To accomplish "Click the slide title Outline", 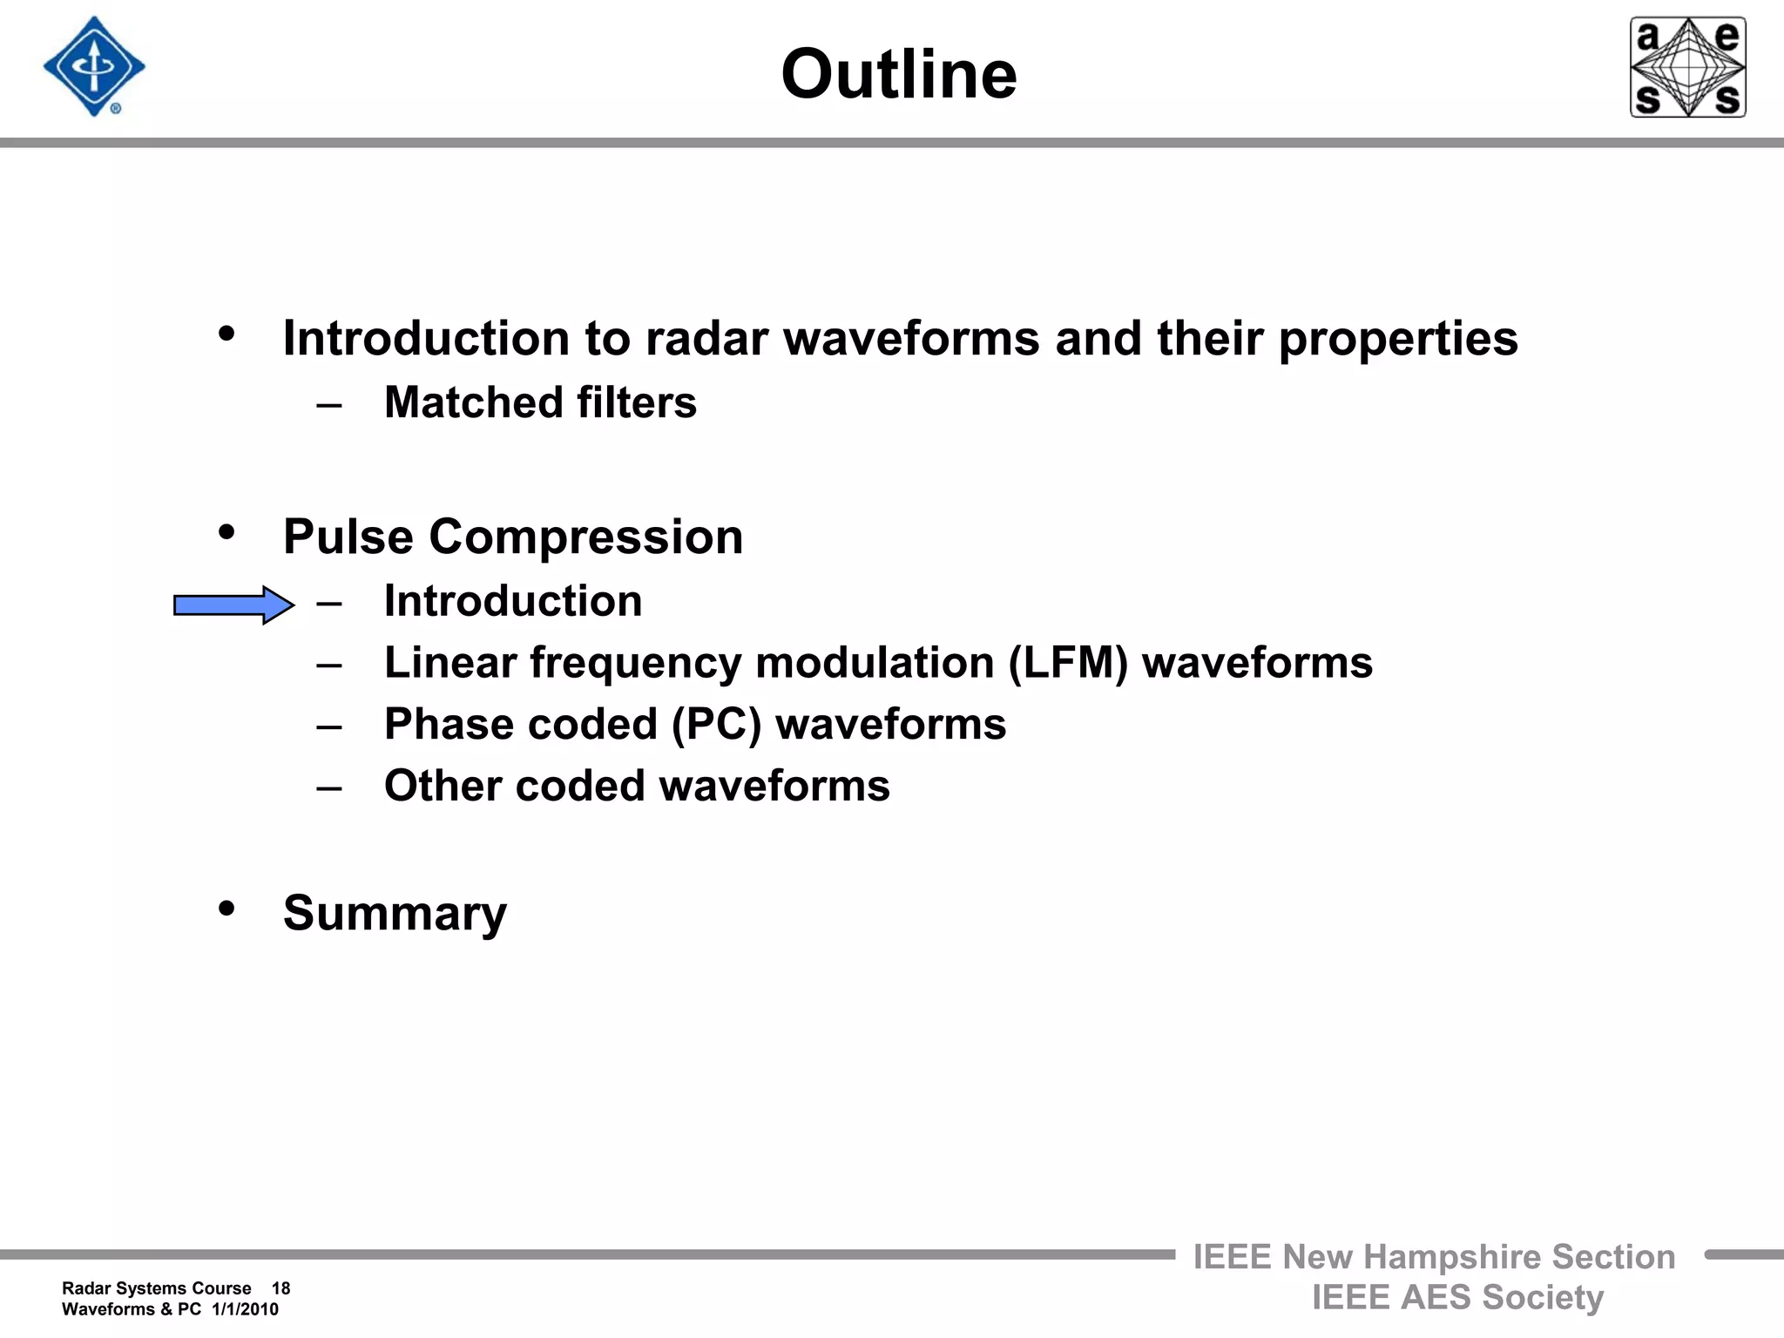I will tap(898, 75).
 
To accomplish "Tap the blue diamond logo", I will tap(94, 67).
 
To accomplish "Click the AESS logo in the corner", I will tap(1687, 67).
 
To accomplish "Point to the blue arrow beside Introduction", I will tap(233, 605).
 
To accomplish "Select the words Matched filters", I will tap(540, 402).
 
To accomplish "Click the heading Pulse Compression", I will tap(513, 537).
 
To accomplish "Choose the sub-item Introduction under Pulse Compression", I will tap(513, 601).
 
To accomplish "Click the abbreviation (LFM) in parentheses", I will tap(1068, 663).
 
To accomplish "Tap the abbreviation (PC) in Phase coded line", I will tap(716, 725).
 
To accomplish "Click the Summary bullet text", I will tap(395, 914).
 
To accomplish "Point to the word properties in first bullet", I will tap(1398, 339).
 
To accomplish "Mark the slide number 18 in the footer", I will tap(280, 1288).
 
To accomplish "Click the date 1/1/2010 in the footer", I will tap(245, 1309).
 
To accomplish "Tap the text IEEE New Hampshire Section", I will tap(1434, 1257).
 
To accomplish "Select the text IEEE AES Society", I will tap(1457, 1297).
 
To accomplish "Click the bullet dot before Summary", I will tap(227, 909).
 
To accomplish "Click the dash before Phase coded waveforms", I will tap(329, 726).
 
